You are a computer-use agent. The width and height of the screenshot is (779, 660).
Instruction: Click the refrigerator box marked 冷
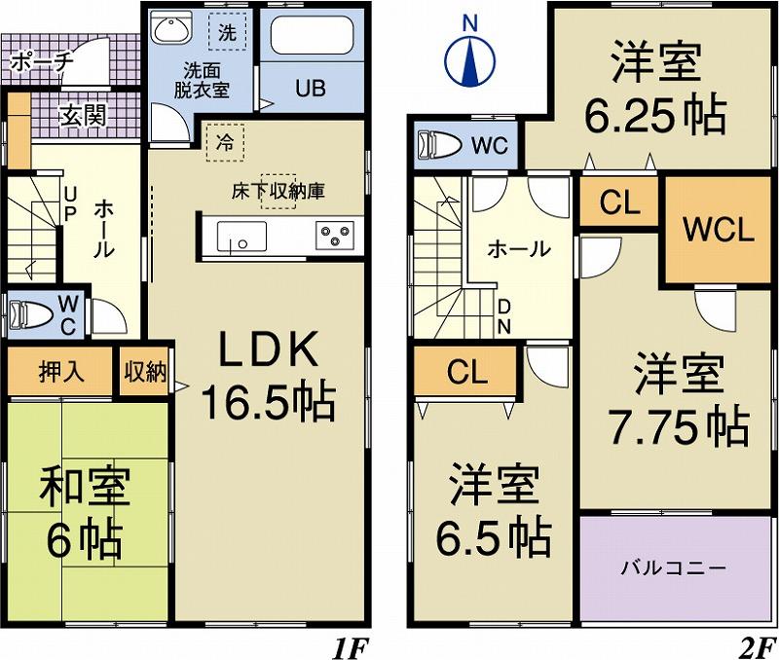tap(225, 142)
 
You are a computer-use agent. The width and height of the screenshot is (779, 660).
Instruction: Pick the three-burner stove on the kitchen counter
tap(333, 235)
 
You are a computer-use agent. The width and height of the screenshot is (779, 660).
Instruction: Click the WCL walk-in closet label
tap(718, 231)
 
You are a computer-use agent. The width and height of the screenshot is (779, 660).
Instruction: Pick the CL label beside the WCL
tap(619, 203)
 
